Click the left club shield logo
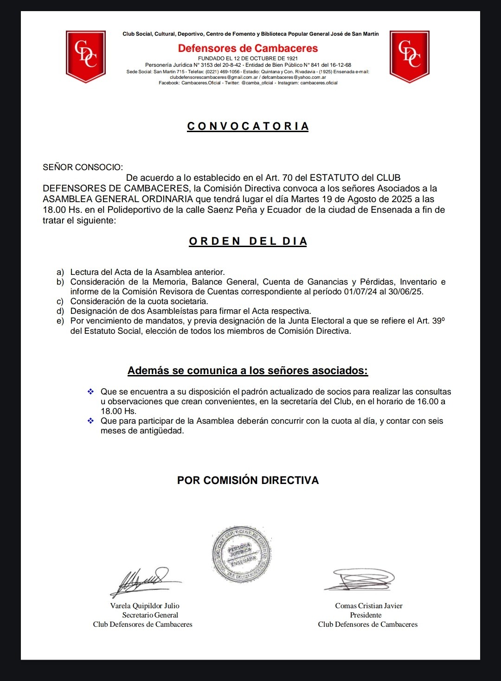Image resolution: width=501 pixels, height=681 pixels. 86,56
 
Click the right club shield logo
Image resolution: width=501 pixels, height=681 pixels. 410,56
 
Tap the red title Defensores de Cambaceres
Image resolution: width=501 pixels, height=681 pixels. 248,48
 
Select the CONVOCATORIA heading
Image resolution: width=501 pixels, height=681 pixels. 248,126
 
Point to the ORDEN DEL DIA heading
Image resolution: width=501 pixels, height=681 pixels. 248,241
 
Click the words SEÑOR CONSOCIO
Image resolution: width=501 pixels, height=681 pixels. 83,167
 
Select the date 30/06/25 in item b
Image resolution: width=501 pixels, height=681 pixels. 406,292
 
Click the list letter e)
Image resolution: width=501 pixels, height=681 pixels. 60,321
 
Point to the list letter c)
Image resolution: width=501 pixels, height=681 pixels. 60,301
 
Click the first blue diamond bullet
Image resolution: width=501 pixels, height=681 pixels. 91,392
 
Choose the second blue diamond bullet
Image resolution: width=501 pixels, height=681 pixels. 91,421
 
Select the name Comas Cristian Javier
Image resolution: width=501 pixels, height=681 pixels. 369,605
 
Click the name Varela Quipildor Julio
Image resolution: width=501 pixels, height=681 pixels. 145,605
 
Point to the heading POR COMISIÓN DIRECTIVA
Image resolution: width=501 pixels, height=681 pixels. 248,480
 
